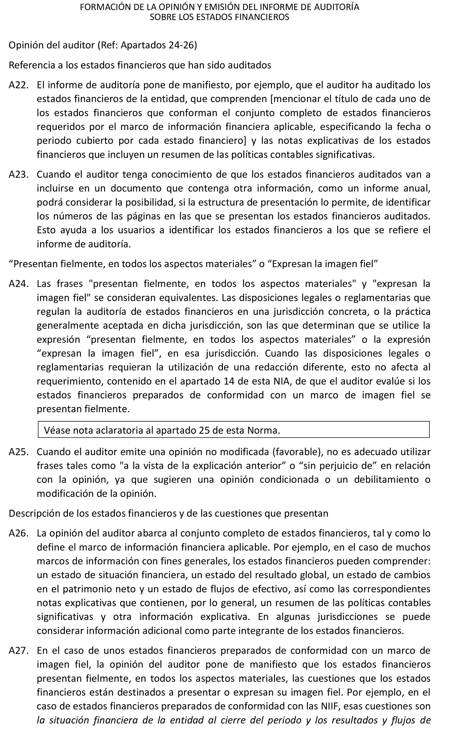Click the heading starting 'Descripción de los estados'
tap(168, 513)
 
